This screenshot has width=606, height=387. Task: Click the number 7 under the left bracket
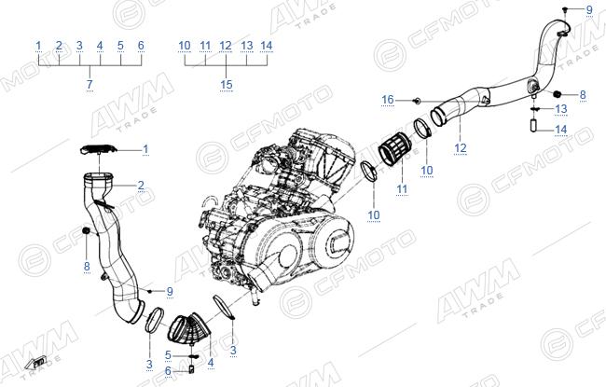[x=90, y=84]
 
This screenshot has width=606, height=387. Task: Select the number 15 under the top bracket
[x=227, y=84]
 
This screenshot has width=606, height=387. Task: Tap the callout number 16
[x=388, y=100]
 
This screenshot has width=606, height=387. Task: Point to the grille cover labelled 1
[x=99, y=149]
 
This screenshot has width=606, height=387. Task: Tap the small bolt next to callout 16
[x=418, y=101]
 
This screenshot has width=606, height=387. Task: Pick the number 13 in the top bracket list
[x=246, y=46]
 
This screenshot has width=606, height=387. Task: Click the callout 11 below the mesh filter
[x=402, y=189]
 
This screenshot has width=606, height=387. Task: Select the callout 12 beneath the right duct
[x=461, y=147]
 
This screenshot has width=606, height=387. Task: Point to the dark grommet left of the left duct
[x=86, y=231]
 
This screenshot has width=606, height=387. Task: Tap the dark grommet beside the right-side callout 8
[x=557, y=94]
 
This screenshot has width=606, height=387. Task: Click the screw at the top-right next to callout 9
[x=565, y=8]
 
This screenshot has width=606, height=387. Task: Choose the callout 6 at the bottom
[x=168, y=371]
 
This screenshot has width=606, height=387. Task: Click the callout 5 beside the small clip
[x=168, y=355]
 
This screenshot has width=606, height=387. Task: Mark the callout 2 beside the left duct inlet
[x=141, y=186]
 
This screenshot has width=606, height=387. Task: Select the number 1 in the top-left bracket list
[x=38, y=46]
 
